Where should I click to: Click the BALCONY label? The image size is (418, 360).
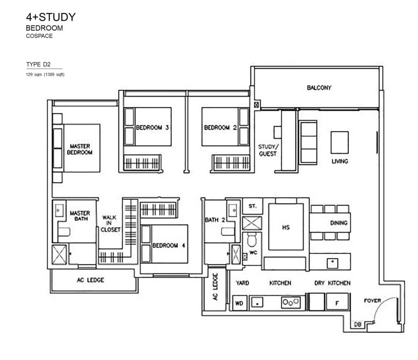(x=319, y=87)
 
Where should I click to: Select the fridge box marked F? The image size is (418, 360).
(x=337, y=303)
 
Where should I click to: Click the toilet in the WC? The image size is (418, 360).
(x=250, y=240)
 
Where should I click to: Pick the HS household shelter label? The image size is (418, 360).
(x=286, y=228)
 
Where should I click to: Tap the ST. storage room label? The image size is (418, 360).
(x=253, y=206)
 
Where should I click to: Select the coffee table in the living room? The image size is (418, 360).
(x=340, y=142)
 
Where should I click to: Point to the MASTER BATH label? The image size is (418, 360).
(x=80, y=216)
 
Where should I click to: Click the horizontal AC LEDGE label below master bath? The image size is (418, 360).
(x=90, y=280)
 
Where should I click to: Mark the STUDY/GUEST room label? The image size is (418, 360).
(x=267, y=150)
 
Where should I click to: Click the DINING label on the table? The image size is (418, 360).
(x=339, y=223)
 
